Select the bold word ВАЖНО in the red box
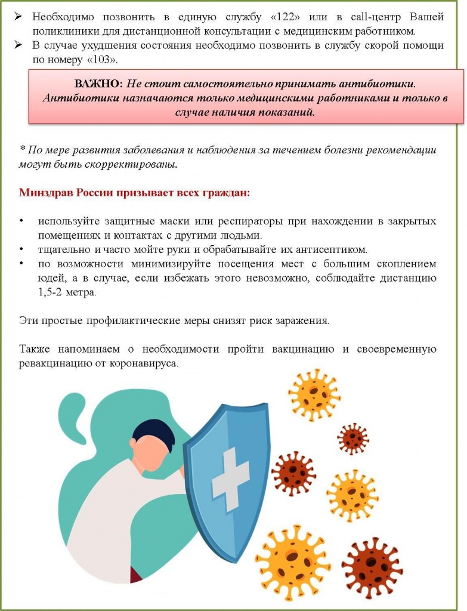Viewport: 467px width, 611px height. pyautogui.click(x=98, y=84)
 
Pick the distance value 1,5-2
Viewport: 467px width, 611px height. pyautogui.click(x=52, y=293)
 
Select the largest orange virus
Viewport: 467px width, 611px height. pyautogui.click(x=292, y=561)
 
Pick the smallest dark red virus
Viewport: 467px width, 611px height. pyautogui.click(x=352, y=439)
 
